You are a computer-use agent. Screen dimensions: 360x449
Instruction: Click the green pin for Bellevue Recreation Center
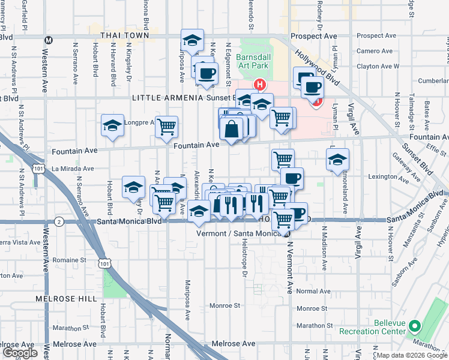tap(414, 327)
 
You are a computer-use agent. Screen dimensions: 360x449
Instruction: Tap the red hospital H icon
tap(260, 85)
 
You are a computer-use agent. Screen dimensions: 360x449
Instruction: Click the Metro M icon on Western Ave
tap(49, 40)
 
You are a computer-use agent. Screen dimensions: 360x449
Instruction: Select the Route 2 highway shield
tap(58, 221)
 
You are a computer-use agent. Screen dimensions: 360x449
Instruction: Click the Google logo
tap(20, 352)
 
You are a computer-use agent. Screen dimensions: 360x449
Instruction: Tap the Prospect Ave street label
tap(314, 36)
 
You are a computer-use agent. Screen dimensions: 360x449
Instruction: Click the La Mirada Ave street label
tap(72, 169)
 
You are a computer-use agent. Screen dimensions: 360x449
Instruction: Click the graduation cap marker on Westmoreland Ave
tap(338, 160)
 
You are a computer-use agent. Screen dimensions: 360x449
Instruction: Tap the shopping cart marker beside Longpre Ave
tap(166, 127)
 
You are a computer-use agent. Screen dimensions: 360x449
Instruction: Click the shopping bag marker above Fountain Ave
tap(231, 130)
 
